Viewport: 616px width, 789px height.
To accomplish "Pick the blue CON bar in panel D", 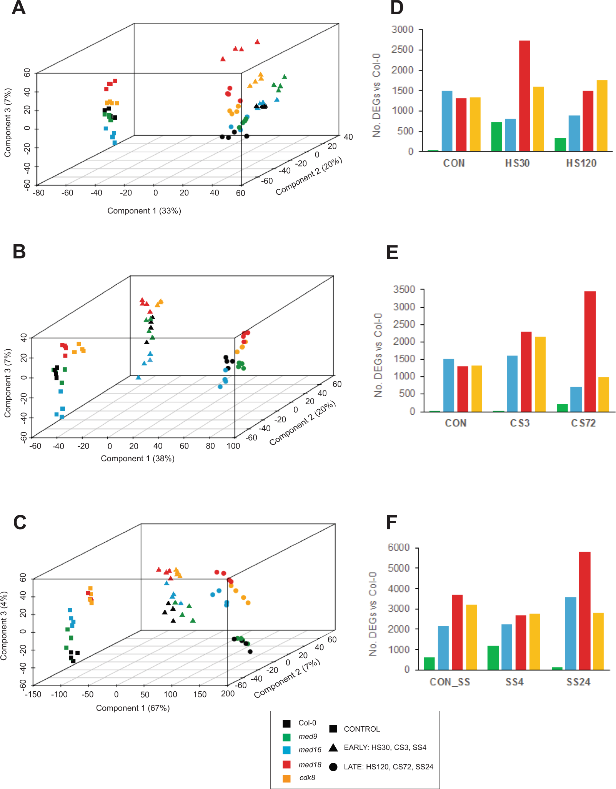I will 447,121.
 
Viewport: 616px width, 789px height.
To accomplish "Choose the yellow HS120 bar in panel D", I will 602,115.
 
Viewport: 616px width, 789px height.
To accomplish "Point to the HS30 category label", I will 517,163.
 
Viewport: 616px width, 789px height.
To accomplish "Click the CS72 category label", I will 583,423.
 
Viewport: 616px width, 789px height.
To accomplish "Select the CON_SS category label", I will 450,682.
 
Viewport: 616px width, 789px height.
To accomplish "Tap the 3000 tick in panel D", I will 402,30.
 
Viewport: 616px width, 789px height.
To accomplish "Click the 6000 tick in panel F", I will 399,547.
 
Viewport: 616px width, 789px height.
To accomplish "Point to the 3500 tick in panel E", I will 404,289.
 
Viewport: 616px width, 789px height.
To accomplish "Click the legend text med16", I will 310,750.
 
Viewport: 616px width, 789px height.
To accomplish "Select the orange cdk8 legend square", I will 286,778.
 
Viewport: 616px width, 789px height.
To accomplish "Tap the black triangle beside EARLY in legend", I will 333,747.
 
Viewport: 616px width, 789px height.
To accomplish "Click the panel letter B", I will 19,252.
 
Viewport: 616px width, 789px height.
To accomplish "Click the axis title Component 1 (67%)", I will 133,708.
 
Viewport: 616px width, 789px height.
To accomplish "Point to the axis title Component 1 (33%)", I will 144,211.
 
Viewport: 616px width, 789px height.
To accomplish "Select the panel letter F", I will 391,522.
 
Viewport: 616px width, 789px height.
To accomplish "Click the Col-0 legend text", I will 307,723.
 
